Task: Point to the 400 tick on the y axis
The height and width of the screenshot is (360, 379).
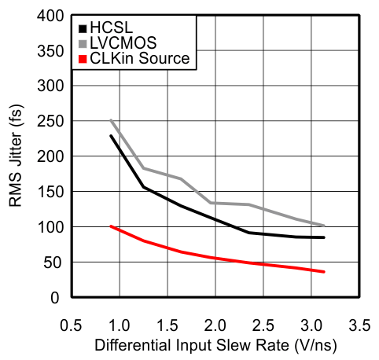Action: [x=48, y=14]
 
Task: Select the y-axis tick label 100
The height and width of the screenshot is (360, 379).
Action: [x=48, y=227]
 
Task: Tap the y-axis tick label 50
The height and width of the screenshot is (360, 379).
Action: [x=51, y=263]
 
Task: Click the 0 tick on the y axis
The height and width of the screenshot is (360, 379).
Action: [x=55, y=298]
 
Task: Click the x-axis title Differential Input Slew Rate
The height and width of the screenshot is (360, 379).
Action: [x=215, y=345]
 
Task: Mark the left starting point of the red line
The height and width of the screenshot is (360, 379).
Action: [x=111, y=226]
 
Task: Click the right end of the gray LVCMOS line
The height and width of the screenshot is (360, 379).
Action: [x=324, y=226]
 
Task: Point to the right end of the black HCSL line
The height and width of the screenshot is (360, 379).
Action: [x=324, y=237]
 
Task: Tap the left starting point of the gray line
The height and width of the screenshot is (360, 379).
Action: [x=111, y=120]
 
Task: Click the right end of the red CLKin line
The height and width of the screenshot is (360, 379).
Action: [x=324, y=272]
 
